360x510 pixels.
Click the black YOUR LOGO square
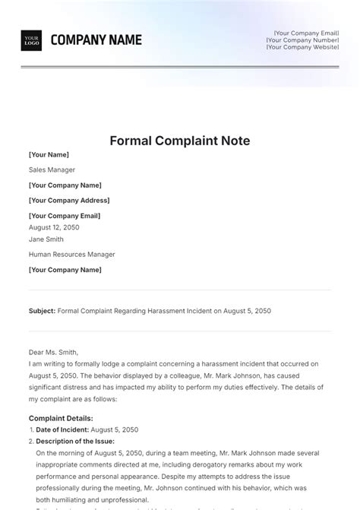coord(31,40)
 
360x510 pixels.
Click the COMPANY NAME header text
coord(96,40)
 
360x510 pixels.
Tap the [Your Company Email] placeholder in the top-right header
coord(307,33)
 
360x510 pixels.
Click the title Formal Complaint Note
coord(180,141)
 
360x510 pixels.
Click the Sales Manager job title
coord(52,169)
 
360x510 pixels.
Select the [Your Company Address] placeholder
coord(69,201)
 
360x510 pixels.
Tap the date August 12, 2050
coord(54,227)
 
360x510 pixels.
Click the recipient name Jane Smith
coord(46,239)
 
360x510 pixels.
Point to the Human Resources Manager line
coord(72,255)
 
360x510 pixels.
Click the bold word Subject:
coord(42,311)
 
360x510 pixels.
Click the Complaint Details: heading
coord(61,418)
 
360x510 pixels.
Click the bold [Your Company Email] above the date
coord(64,216)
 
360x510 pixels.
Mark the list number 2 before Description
coord(30,441)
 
